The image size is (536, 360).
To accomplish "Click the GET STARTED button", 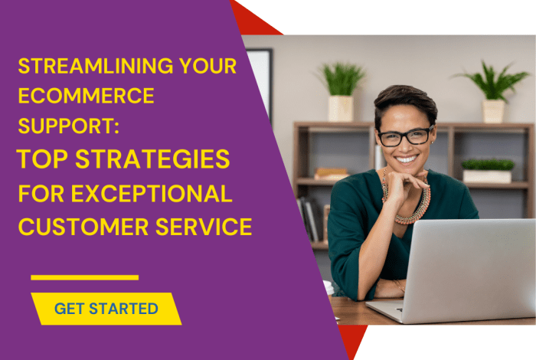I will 106,309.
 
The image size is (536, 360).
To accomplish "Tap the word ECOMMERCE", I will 85,97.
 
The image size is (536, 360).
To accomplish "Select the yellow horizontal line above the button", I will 84,277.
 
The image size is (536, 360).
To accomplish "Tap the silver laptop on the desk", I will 459,268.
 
